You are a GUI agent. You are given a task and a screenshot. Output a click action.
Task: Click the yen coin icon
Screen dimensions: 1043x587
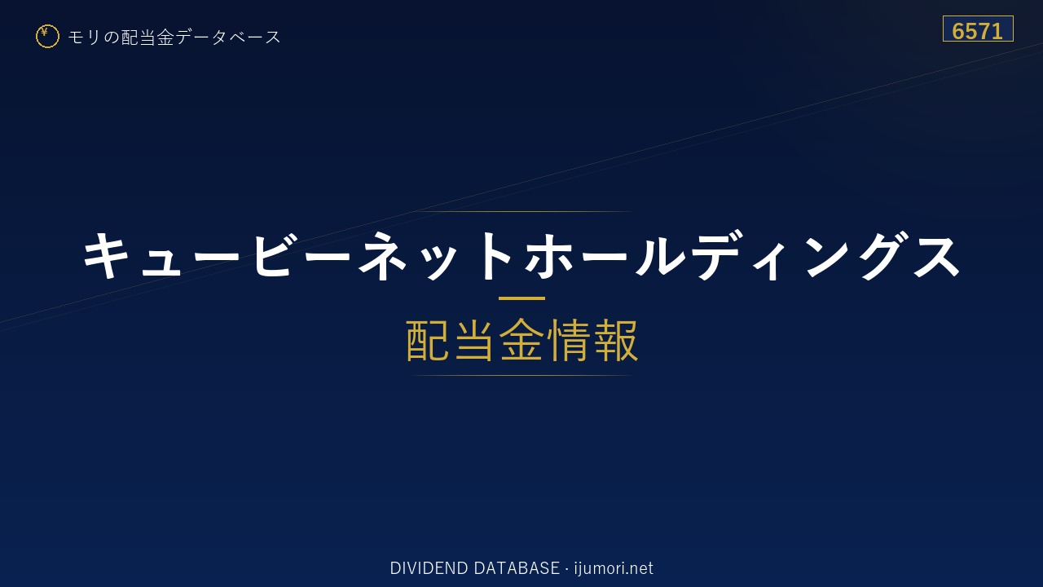pyautogui.click(x=47, y=37)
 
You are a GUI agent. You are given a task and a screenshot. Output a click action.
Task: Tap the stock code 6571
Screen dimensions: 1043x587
pyautogui.click(x=977, y=31)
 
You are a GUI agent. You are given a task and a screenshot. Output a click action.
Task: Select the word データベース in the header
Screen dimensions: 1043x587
pyautogui.click(x=228, y=38)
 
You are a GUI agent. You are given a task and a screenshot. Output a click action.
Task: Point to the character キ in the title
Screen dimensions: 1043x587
pyautogui.click(x=106, y=255)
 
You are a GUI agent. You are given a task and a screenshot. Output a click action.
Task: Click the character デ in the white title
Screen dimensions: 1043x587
pyautogui.click(x=719, y=256)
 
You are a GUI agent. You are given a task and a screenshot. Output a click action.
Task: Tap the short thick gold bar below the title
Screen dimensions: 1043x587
pyautogui.click(x=521, y=298)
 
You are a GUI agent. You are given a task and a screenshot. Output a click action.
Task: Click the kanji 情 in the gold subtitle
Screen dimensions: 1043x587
pyautogui.click(x=569, y=340)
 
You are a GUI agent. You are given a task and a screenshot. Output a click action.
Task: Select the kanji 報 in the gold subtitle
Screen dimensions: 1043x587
pyautogui.click(x=615, y=340)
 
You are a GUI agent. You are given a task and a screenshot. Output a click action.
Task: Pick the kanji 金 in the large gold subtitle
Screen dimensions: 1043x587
pyautogui.click(x=521, y=340)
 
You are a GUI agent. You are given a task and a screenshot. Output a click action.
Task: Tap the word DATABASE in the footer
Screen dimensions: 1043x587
pyautogui.click(x=517, y=568)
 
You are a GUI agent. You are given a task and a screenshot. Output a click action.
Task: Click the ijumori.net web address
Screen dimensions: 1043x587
pyautogui.click(x=614, y=569)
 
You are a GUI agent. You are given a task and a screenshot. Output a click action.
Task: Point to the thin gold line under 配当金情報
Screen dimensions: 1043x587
pyautogui.click(x=521, y=375)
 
